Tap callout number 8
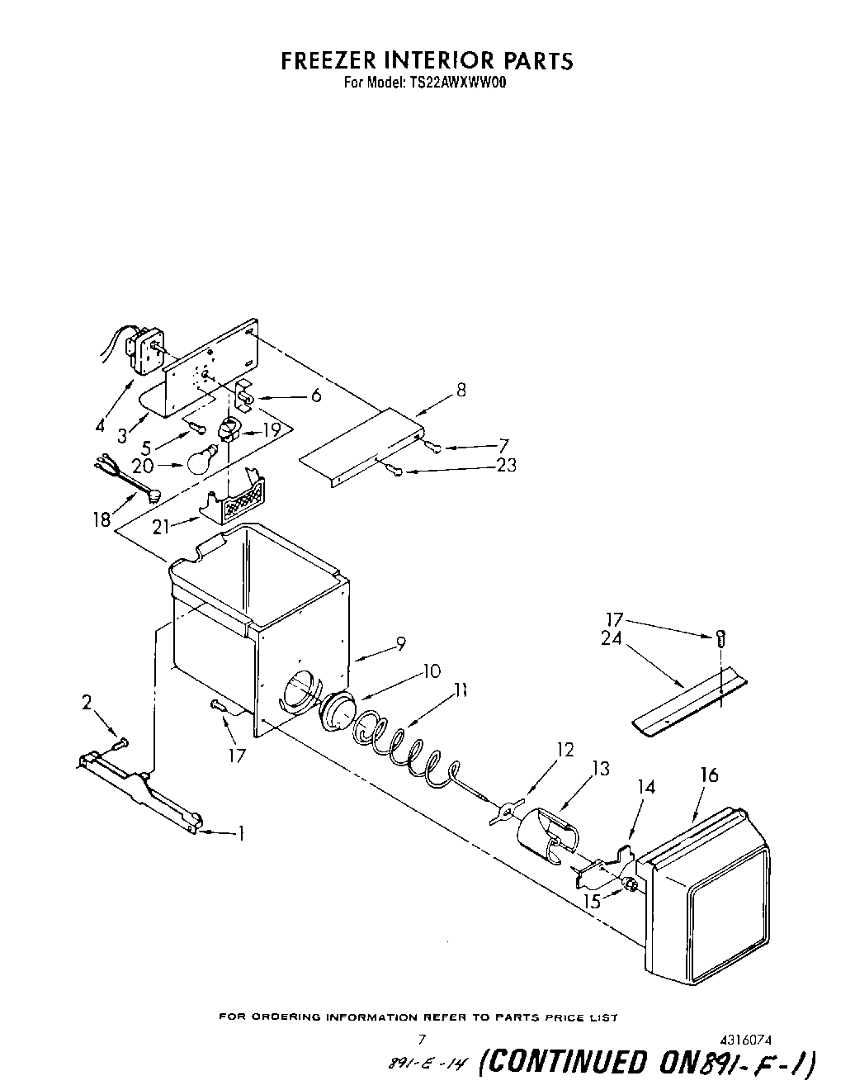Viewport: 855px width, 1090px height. (461, 390)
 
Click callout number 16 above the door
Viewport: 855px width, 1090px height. (709, 775)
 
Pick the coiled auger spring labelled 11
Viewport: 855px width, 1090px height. (404, 743)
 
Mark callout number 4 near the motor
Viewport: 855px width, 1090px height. (101, 427)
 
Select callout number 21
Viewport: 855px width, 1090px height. (162, 526)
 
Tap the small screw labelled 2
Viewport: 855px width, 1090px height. (120, 743)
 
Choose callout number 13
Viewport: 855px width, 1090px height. (601, 769)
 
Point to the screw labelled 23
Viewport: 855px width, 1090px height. (394, 472)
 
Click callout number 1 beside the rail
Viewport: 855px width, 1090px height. (241, 833)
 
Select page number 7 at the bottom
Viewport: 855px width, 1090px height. (422, 1039)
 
